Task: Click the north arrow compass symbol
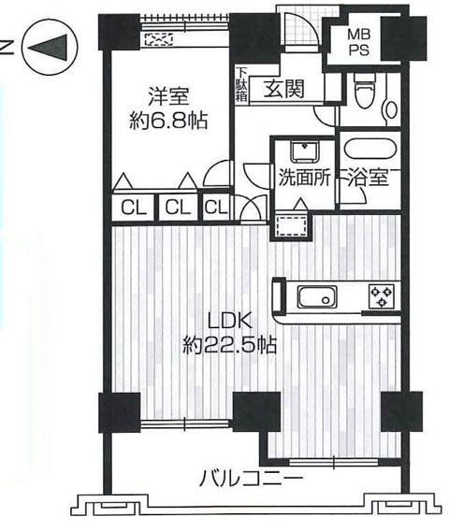click(x=50, y=47)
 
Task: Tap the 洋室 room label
click(x=168, y=96)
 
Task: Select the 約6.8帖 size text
click(x=168, y=120)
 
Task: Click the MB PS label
click(x=359, y=42)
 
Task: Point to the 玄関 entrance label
click(x=284, y=89)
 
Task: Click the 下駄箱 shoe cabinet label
click(x=241, y=85)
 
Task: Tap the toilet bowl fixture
click(x=365, y=91)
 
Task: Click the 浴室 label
click(x=368, y=177)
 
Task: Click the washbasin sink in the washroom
click(x=305, y=152)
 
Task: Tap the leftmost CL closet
click(x=134, y=207)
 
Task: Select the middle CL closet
click(x=178, y=207)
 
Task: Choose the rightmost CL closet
click(x=216, y=207)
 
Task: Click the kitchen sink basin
click(x=317, y=297)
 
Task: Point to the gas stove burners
click(x=382, y=296)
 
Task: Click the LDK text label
click(x=230, y=321)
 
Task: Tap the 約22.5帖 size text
click(x=229, y=345)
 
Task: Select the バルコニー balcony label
click(x=251, y=478)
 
